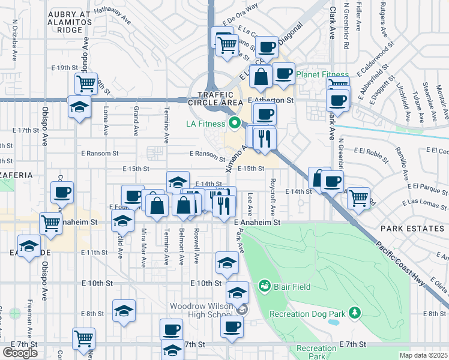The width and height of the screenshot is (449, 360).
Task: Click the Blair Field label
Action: click(x=292, y=287)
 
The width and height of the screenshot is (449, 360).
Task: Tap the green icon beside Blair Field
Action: click(x=264, y=286)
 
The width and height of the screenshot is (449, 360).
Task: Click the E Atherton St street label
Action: click(x=271, y=102)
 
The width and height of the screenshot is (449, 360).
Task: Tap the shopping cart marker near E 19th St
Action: click(x=86, y=83)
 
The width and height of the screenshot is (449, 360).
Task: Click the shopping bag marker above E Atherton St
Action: click(x=261, y=77)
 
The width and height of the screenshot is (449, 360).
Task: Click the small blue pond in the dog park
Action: click(x=333, y=322)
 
